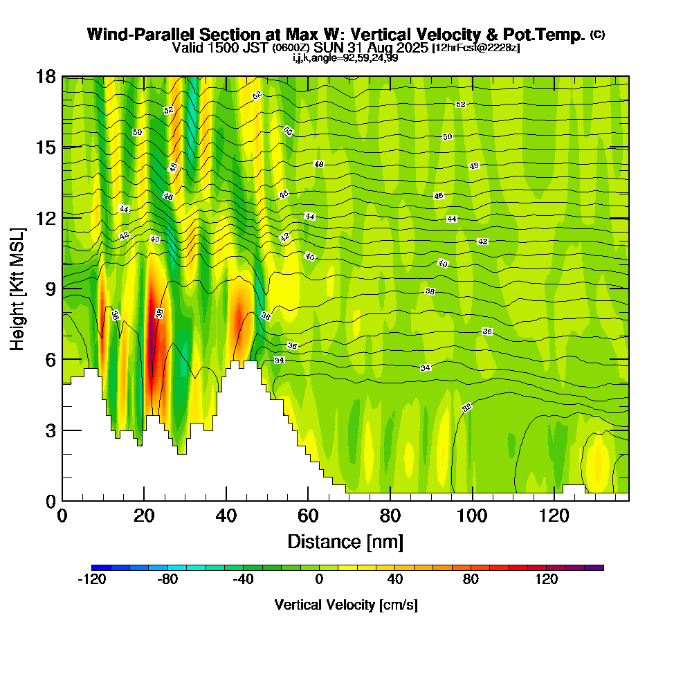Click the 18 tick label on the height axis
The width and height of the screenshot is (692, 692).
46,76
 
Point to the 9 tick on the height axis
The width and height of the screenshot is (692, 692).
62,288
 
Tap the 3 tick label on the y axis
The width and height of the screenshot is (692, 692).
51,430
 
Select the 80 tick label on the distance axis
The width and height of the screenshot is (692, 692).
390,516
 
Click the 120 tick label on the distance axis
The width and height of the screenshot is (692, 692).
554,516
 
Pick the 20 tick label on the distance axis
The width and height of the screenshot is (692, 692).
144,516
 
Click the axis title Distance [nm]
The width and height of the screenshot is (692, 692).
345,540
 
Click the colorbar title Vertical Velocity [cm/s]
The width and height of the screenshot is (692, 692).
345,605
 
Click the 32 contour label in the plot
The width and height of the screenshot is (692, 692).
467,408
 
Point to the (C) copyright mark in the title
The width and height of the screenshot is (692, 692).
597,35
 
